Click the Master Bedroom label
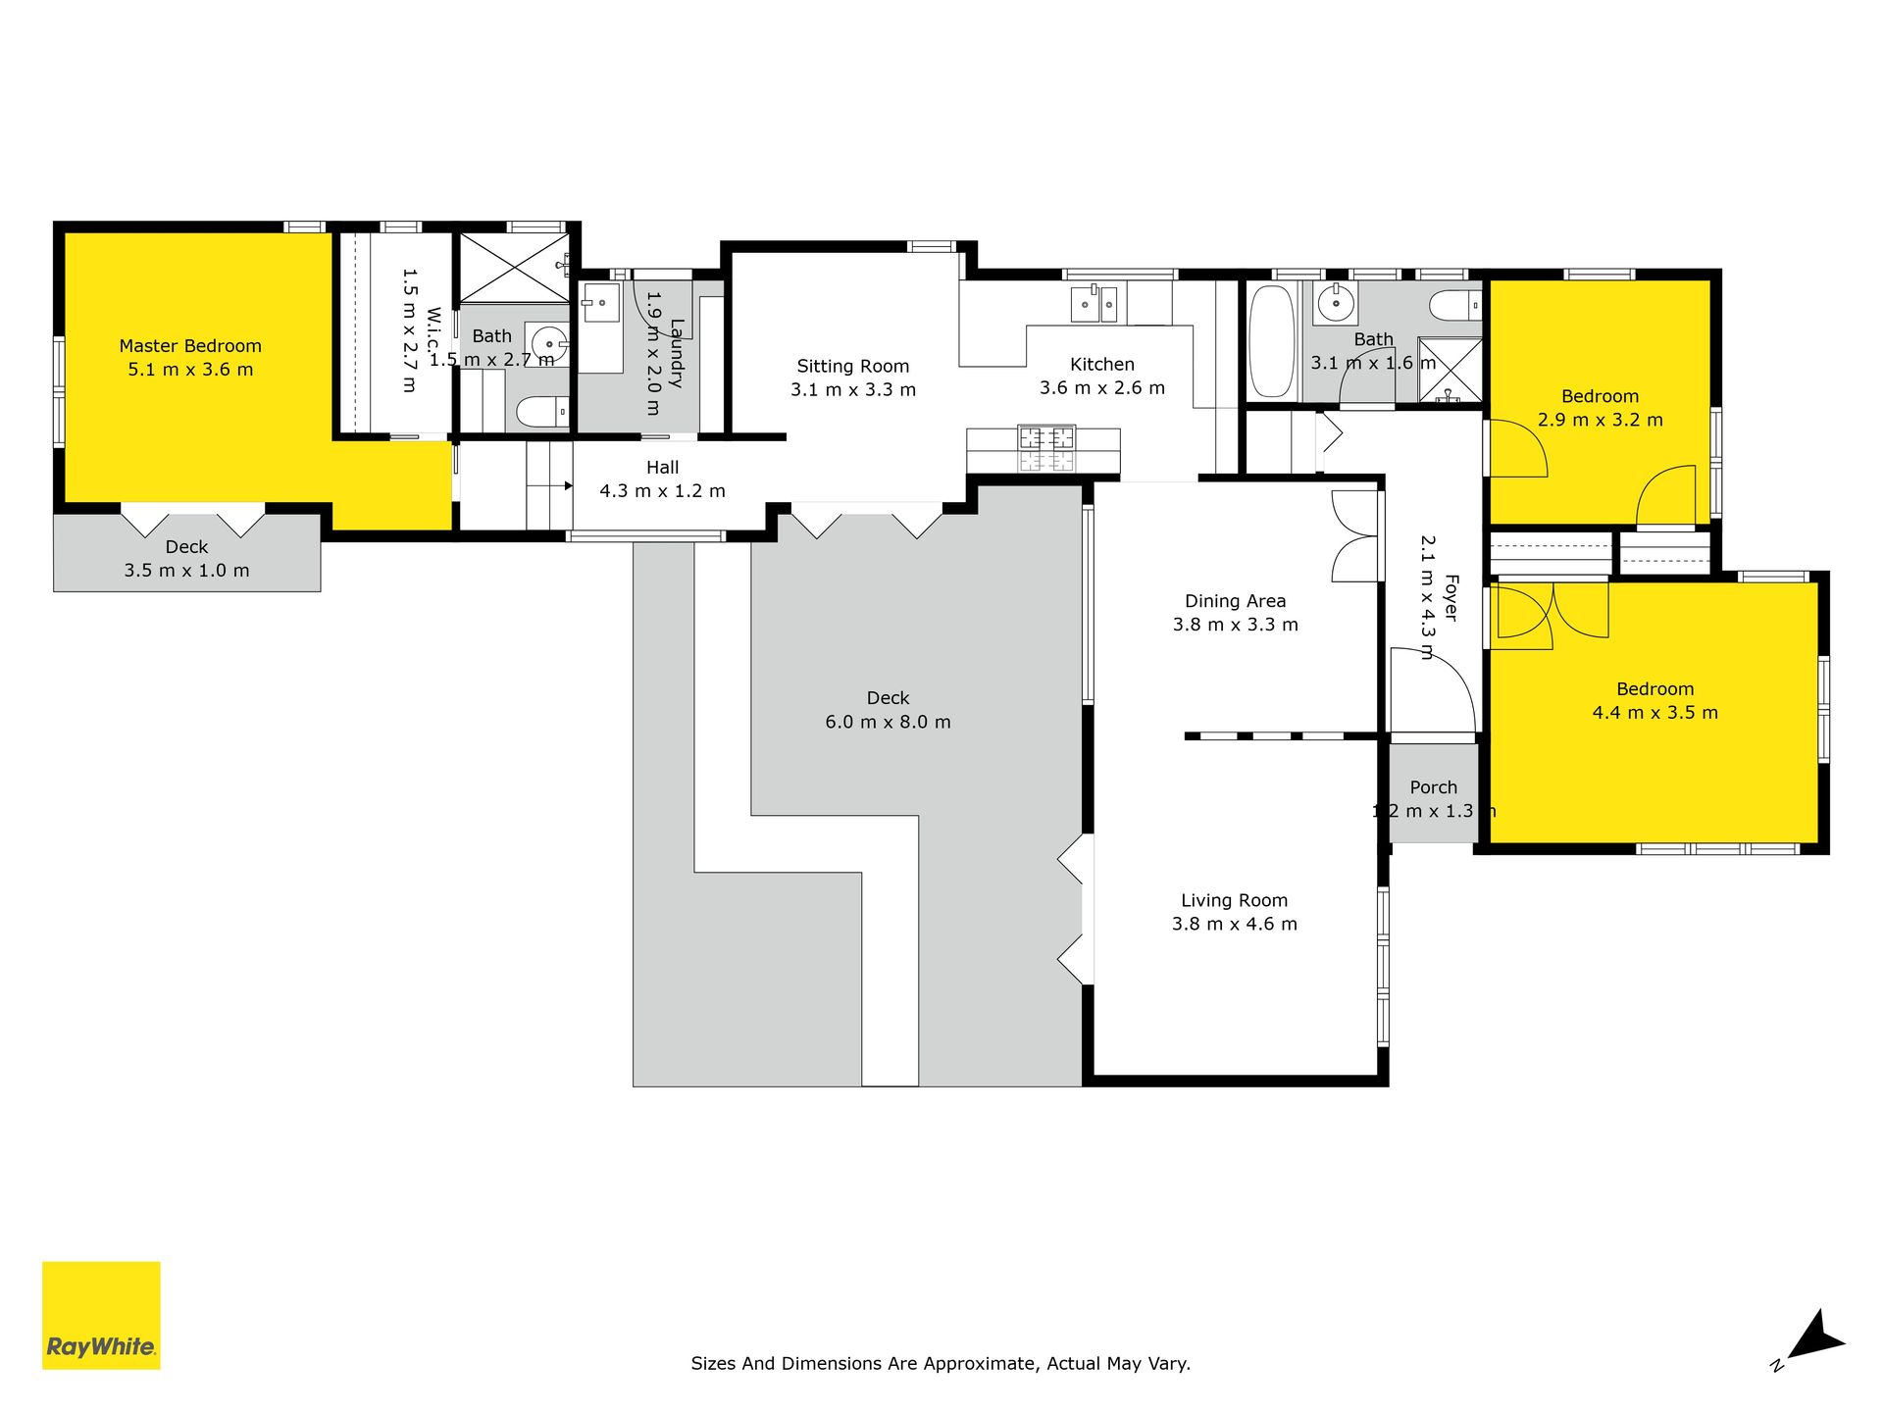190,346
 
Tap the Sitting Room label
853,367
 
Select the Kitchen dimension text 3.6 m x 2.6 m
1102,388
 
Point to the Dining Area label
1235,601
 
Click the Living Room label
1234,900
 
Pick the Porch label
1434,787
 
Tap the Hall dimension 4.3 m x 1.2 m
663,491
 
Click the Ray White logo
101,1315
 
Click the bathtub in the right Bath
1272,341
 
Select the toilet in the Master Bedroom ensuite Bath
542,412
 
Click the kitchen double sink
1094,304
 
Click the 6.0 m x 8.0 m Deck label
888,711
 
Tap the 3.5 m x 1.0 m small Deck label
186,559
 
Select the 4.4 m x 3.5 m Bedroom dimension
1655,713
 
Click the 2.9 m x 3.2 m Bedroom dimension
1601,420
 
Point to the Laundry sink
600,303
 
